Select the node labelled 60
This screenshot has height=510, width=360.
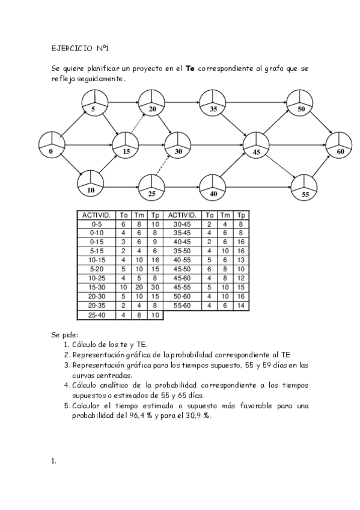coord(339,145)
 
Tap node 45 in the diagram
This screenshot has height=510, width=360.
coord(256,145)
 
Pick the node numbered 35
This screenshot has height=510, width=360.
coord(213,102)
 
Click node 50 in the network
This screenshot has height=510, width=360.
coord(300,102)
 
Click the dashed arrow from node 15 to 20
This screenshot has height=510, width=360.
coord(138,122)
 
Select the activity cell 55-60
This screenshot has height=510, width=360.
coord(182,305)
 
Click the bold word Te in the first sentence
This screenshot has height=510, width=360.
coord(189,69)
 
